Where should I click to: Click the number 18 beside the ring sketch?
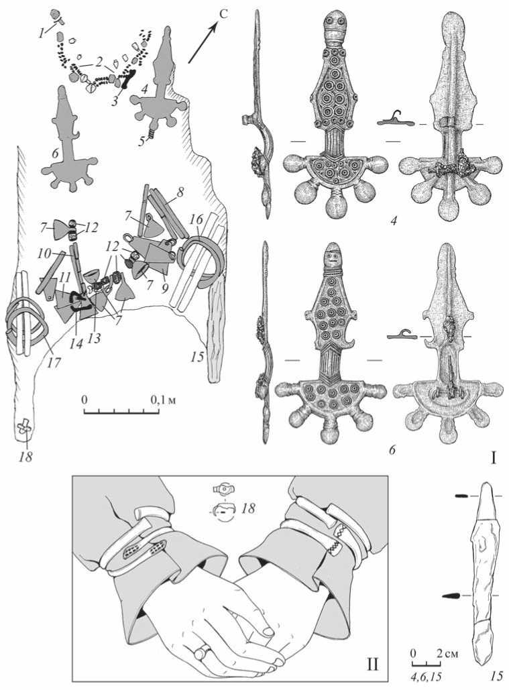click(248, 509)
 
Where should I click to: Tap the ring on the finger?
click(202, 650)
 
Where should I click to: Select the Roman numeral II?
click(373, 663)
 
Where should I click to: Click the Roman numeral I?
click(494, 460)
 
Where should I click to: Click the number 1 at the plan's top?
click(42, 33)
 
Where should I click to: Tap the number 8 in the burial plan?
click(180, 192)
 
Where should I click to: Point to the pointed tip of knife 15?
click(486, 483)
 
